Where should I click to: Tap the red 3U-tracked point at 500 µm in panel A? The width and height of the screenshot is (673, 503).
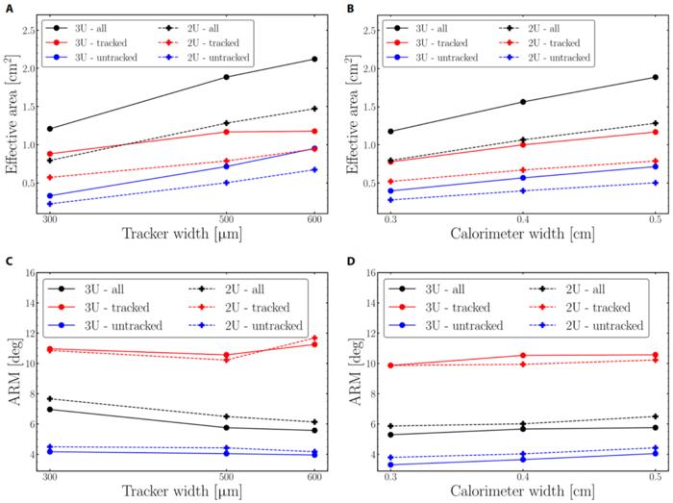click(227, 132)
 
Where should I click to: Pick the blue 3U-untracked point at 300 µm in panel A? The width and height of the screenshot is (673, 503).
click(50, 196)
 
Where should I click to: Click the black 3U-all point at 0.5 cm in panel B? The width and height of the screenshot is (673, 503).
click(656, 77)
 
